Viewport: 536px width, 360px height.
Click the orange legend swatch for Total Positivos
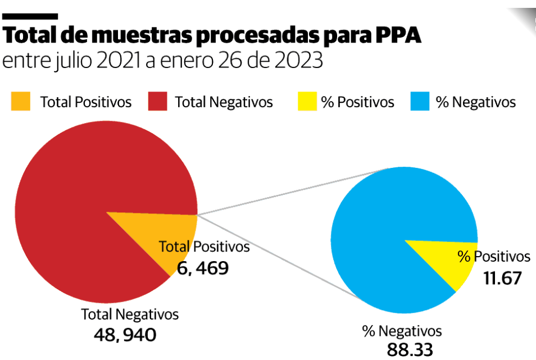pyautogui.click(x=21, y=102)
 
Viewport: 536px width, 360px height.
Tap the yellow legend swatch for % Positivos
pyautogui.click(x=306, y=102)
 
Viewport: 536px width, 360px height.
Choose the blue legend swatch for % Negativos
pyautogui.click(x=422, y=102)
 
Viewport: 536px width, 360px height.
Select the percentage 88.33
pyautogui.click(x=410, y=349)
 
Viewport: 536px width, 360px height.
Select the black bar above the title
pyautogui.click(x=30, y=16)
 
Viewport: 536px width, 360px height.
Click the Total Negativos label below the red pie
pyautogui.click(x=130, y=315)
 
